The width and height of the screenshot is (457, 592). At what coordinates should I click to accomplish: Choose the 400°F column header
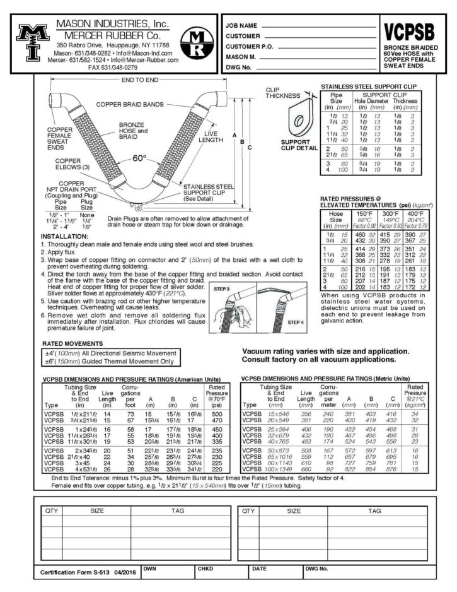[415, 214]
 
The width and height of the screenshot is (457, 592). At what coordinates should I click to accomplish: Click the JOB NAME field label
[241, 26]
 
